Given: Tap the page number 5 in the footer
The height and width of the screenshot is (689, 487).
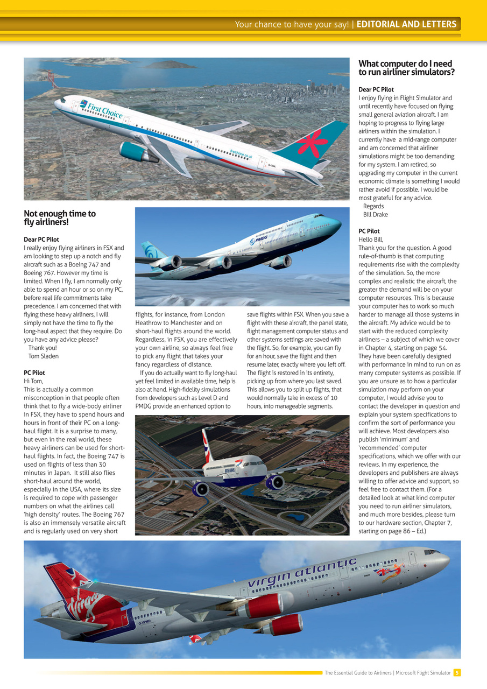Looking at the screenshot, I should [456, 672].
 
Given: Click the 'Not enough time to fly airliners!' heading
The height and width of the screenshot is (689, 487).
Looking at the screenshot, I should [59, 218].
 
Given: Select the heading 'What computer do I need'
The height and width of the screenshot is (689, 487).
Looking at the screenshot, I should [405, 64].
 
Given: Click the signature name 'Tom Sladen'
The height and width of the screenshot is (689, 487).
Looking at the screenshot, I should [44, 356].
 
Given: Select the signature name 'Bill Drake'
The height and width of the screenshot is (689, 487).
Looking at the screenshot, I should [376, 215].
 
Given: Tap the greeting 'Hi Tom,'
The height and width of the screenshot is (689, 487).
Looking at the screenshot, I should [34, 381].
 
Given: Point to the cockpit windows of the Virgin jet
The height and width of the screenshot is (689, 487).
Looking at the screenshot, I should [432, 552].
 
